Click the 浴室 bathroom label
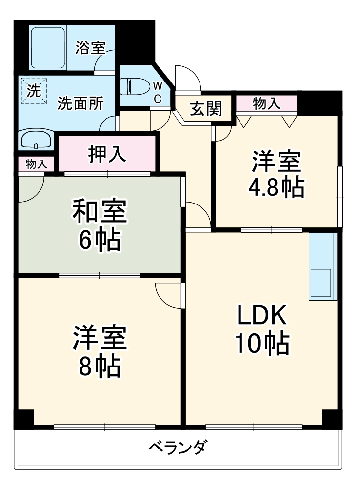pyautogui.click(x=90, y=48)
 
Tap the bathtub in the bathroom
pyautogui.click(x=48, y=48)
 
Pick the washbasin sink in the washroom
pyautogui.click(x=36, y=140)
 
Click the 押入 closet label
pyautogui.click(x=107, y=154)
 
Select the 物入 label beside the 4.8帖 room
pyautogui.click(x=267, y=103)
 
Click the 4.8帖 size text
pyautogui.click(x=276, y=187)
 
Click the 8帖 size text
pyautogui.click(x=99, y=366)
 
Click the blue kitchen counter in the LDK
pyautogui.click(x=322, y=266)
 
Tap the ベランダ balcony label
pyautogui.click(x=177, y=449)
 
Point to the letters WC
pyautogui.click(x=157, y=92)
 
